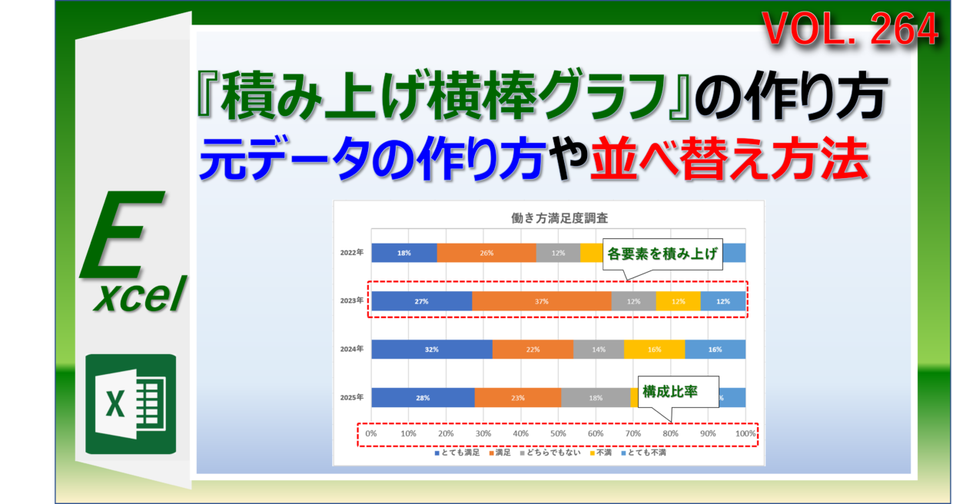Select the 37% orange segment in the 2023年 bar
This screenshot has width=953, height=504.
[542, 301]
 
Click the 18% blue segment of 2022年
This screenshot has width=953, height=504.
[403, 253]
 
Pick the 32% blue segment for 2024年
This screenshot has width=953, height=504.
[431, 350]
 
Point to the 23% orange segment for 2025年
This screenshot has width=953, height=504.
[517, 398]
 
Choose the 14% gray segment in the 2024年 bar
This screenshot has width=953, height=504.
[598, 350]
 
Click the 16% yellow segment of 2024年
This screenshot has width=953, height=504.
[654, 350]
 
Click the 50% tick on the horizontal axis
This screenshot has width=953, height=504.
[558, 434]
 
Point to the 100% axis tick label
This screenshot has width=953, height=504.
[745, 434]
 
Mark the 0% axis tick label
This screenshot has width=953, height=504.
[371, 434]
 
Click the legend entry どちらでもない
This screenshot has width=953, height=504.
[553, 453]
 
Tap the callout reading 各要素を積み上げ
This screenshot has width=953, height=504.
[663, 255]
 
